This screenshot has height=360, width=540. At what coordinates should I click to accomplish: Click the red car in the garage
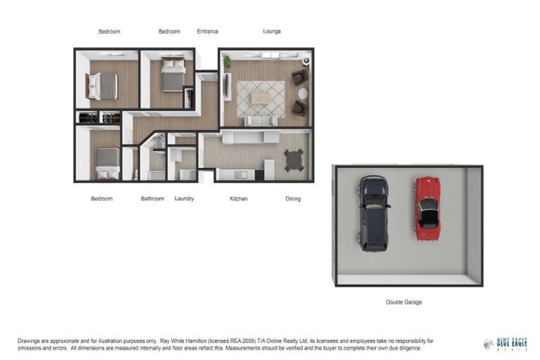click(427, 208)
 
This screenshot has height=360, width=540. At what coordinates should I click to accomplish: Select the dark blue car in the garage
click(373, 213)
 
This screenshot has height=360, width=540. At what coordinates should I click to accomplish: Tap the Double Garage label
click(404, 302)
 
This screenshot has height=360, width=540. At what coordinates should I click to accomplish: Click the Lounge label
click(271, 32)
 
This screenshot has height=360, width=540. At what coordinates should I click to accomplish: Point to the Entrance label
click(207, 32)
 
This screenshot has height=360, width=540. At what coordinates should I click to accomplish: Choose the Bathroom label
click(152, 199)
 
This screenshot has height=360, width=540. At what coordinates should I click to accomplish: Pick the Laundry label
click(184, 199)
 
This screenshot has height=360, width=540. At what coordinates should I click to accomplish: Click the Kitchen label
click(238, 199)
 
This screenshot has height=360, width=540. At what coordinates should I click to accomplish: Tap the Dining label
click(292, 199)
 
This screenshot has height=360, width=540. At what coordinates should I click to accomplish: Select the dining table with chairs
click(293, 160)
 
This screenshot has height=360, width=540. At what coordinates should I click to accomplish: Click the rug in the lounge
click(260, 98)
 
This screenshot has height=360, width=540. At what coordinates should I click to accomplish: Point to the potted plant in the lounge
click(227, 63)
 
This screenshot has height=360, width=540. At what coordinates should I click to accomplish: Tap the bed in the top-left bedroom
click(103, 86)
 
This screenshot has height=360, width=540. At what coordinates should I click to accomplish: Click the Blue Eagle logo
click(506, 344)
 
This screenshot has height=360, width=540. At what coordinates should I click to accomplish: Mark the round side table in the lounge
click(302, 94)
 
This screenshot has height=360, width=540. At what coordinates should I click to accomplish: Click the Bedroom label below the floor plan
click(101, 199)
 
